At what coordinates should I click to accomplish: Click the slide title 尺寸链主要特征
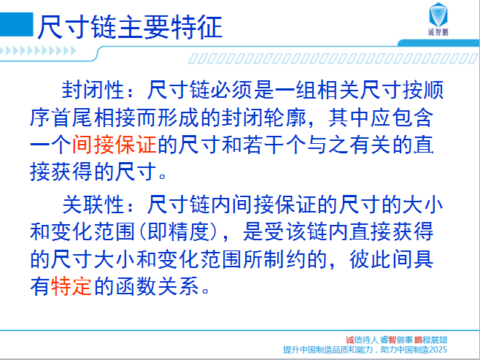point(130,27)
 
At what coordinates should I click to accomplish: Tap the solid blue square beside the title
point(16,25)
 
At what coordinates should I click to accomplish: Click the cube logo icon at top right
point(438,15)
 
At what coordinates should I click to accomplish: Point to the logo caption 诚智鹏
point(438,32)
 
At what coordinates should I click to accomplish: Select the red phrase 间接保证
point(115,145)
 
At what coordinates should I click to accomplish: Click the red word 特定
point(71,286)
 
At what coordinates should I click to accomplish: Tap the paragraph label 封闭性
point(93,90)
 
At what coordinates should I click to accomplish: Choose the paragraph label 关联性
point(93,204)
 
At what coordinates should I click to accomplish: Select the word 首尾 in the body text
point(71,118)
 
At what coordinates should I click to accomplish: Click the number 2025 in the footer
point(438,350)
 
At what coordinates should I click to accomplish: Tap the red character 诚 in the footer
point(350,340)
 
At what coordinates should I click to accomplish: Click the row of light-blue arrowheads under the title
point(38,50)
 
